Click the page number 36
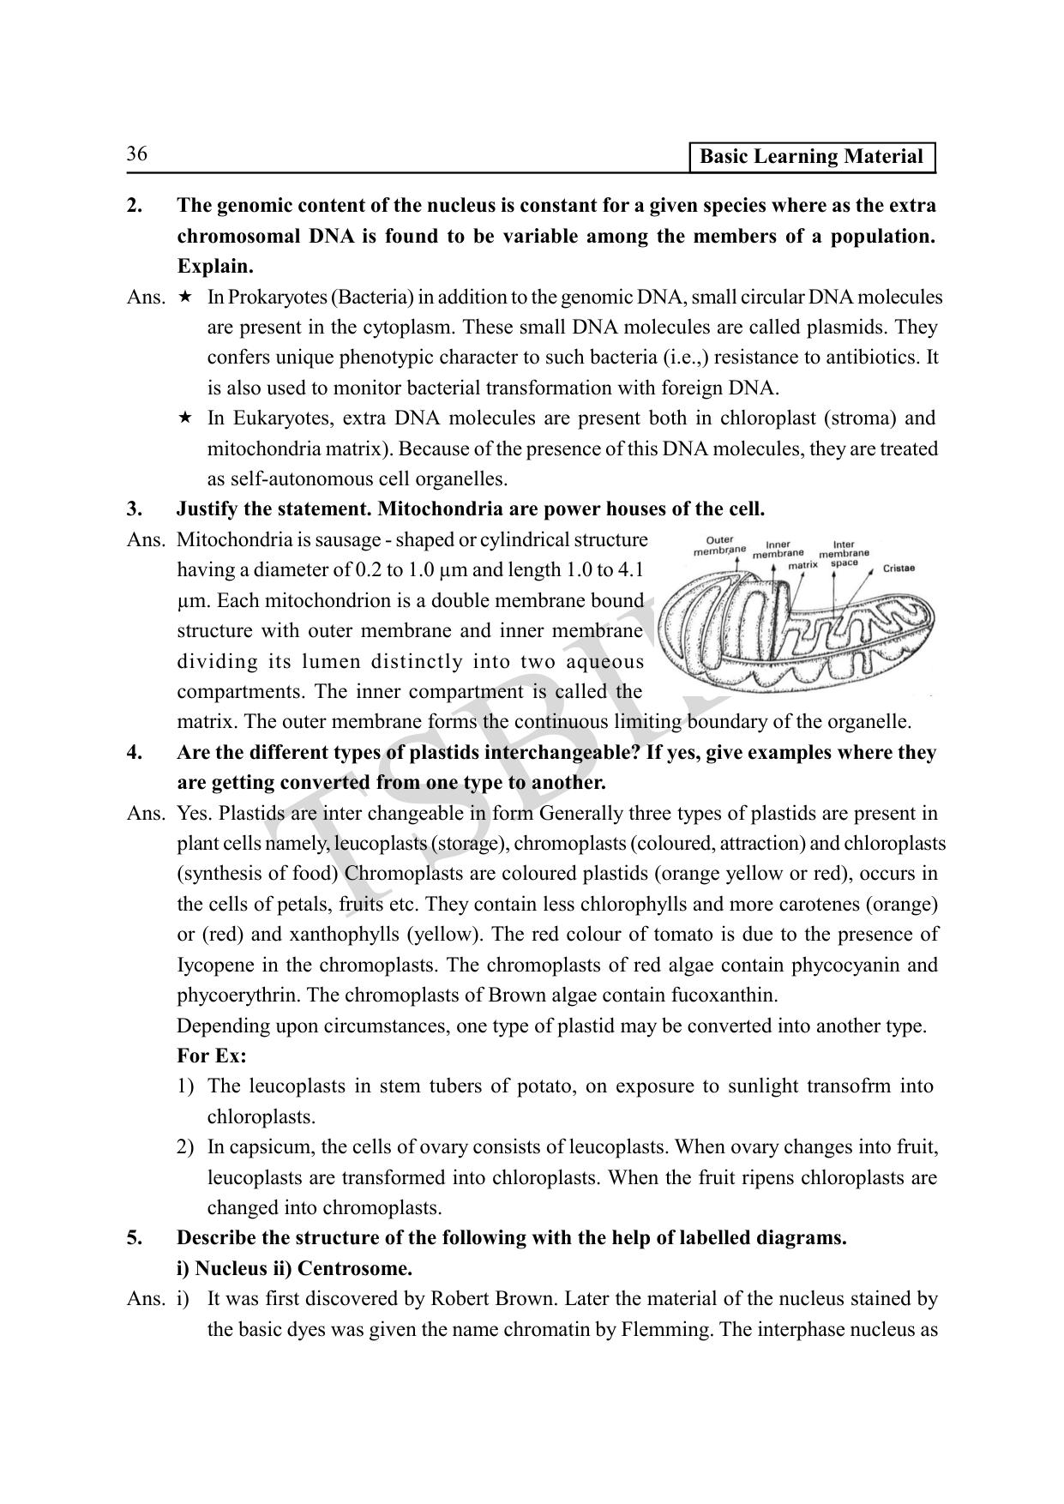(137, 154)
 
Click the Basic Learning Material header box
(810, 157)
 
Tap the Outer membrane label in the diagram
(719, 544)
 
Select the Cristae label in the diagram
(898, 568)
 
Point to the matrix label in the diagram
(803, 565)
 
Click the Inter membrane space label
(844, 553)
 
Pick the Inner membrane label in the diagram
(778, 549)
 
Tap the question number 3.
(135, 509)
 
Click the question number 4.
(135, 753)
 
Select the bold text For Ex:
(211, 1056)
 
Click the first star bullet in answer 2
(184, 298)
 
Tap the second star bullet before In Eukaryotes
(184, 418)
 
